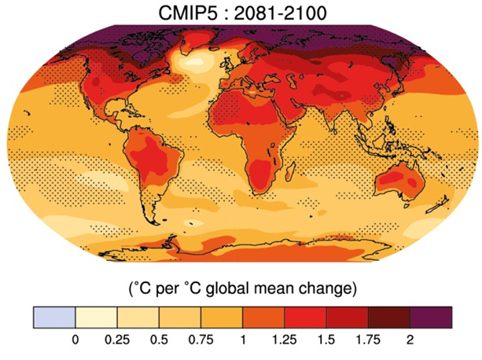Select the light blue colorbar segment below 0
pos(53,317)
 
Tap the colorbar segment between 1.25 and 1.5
pos(306,317)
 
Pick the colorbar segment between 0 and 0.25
pos(96,317)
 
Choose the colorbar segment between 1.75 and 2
pos(390,317)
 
